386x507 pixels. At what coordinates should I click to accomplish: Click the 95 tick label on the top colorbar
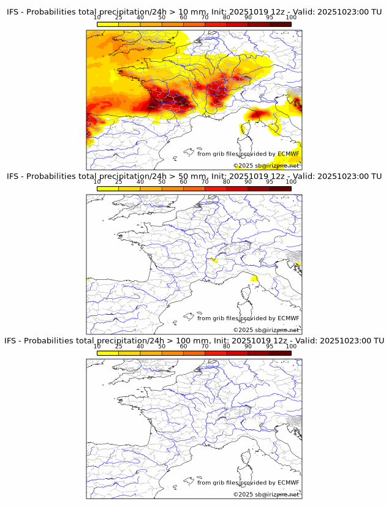pyautogui.click(x=270, y=17)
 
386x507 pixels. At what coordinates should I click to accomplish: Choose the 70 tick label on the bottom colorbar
pyautogui.click(x=205, y=346)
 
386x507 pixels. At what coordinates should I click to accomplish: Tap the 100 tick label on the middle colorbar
pyautogui.click(x=291, y=182)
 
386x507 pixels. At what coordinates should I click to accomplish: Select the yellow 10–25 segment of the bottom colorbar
pyautogui.click(x=108, y=353)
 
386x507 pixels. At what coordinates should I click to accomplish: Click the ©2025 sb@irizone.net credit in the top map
pyautogui.click(x=267, y=166)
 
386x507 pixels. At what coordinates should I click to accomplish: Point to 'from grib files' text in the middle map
pyautogui.click(x=218, y=318)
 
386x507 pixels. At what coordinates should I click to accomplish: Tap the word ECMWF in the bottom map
pyautogui.click(x=289, y=483)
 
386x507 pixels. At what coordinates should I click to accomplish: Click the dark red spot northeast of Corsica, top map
pyautogui.click(x=258, y=113)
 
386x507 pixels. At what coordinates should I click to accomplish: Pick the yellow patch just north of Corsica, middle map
pyautogui.click(x=254, y=279)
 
